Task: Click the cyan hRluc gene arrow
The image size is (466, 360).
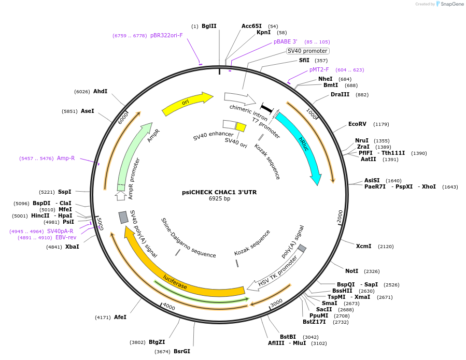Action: (301, 146)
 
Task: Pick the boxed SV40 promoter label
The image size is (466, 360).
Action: (307, 51)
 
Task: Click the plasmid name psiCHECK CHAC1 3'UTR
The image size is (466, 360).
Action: (219, 192)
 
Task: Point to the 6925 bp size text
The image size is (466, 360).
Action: (219, 198)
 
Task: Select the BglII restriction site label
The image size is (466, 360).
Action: (209, 26)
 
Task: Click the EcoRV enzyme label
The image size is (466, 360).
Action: (357, 124)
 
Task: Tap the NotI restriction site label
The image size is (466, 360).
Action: (351, 271)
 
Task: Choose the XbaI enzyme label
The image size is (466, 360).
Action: (72, 247)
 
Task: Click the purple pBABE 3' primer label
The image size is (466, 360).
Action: (285, 41)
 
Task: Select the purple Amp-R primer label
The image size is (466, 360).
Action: (66, 158)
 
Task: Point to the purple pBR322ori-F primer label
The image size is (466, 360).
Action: (166, 35)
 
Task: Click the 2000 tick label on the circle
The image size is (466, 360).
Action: (340, 216)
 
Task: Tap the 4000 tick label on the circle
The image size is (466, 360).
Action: (170, 307)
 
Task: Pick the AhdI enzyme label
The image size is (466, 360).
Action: (100, 91)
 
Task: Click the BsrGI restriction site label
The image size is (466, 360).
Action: (181, 351)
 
